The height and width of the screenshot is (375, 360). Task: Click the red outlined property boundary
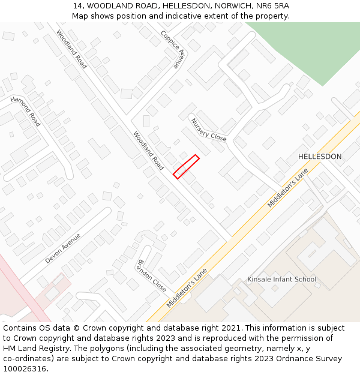[186, 166]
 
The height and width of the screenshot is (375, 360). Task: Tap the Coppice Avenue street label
[174, 50]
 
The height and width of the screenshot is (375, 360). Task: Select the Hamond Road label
[25, 111]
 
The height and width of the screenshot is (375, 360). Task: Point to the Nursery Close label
[209, 129]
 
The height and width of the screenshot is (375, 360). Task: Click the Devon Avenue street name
[62, 248]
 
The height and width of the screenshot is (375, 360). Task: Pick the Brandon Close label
[152, 275]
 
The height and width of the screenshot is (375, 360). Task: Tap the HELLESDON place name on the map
[320, 157]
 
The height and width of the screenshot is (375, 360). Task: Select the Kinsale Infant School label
[281, 280]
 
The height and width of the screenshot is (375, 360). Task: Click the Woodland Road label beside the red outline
[148, 151]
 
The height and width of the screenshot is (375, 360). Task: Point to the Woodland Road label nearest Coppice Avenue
[71, 49]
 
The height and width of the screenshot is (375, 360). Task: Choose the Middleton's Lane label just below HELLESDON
[287, 188]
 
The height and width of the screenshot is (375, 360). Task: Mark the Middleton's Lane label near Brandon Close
[187, 288]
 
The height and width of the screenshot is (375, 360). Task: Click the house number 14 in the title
[78, 5]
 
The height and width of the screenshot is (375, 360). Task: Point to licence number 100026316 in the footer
[24, 368]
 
